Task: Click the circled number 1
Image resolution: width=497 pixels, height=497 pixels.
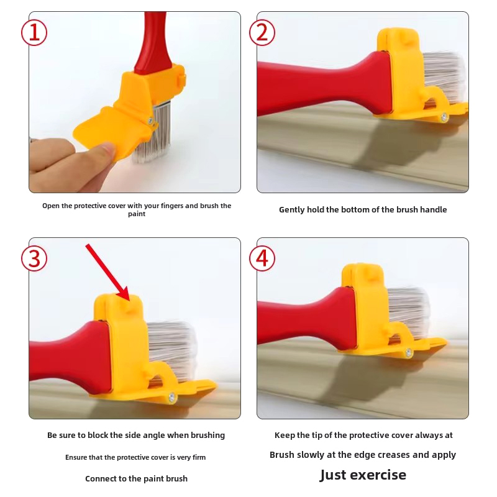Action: [34, 33]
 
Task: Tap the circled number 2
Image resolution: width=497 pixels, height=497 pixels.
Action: [262, 33]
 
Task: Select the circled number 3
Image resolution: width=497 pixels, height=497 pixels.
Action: [34, 258]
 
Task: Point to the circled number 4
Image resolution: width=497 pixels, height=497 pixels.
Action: [262, 258]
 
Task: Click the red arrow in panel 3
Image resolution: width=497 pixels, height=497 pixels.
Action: [107, 272]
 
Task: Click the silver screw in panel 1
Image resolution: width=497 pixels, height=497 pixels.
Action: [151, 121]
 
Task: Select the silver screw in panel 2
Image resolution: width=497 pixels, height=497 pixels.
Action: [444, 117]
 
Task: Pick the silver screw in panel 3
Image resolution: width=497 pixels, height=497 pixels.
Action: [172, 396]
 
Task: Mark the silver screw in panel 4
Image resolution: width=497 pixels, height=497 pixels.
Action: [408, 352]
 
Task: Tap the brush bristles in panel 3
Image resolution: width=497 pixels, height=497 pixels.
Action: [173, 349]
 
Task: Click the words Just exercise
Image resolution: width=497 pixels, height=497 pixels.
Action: [363, 475]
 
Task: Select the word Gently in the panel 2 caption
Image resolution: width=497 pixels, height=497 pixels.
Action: [292, 210]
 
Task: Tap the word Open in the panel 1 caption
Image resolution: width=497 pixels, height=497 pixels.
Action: [51, 206]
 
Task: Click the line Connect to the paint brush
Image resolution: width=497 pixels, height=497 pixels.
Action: [136, 478]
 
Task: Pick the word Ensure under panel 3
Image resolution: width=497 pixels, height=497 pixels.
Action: [76, 457]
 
